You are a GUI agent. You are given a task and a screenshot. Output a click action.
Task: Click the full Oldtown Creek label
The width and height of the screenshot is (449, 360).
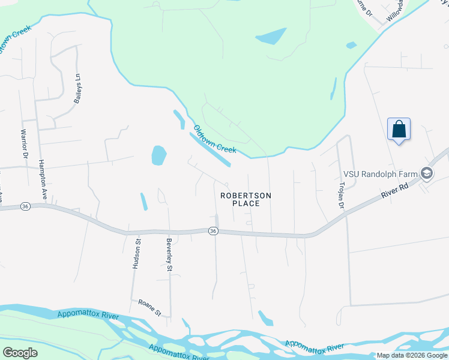(x=214, y=139)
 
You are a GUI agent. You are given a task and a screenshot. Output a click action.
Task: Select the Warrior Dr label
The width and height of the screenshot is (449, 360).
(x=25, y=144)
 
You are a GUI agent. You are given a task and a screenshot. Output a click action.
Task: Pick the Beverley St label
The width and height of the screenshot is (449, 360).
(x=169, y=256)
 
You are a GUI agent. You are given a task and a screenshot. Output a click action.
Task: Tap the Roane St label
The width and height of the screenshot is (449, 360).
(x=150, y=308)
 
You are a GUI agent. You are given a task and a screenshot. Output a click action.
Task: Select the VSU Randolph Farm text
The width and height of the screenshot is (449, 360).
(x=380, y=174)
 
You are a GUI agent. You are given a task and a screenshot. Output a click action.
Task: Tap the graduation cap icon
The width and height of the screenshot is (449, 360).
(x=427, y=174)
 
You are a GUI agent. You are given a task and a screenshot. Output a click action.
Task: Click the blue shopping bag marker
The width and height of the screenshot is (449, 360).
(x=399, y=130)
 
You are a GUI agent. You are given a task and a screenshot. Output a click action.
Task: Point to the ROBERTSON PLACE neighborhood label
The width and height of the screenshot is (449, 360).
(x=246, y=199)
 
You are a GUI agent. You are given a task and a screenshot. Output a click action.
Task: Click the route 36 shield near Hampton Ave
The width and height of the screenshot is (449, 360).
(x=25, y=206)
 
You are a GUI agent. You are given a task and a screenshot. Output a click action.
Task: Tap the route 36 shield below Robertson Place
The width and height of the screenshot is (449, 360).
(x=213, y=231)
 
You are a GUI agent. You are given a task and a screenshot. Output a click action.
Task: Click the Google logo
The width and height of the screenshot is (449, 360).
(x=20, y=353)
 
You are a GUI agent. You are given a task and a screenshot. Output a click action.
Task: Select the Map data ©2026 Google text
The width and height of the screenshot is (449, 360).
(x=412, y=355)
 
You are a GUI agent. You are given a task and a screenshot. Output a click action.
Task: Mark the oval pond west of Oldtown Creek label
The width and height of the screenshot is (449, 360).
(x=158, y=155)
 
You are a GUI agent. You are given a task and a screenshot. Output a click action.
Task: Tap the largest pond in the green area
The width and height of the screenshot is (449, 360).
(x=271, y=36)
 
